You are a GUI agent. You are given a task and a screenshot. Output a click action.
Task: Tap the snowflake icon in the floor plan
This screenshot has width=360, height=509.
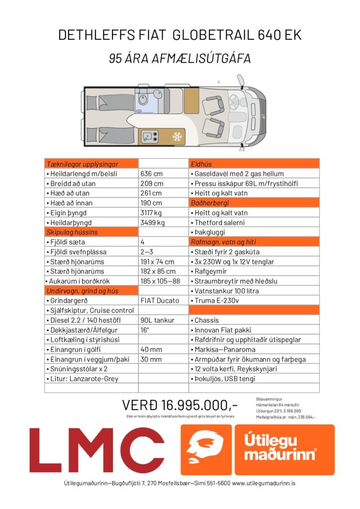click(x=177, y=136)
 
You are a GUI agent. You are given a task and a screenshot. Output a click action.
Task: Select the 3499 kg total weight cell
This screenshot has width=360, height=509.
click(x=153, y=223)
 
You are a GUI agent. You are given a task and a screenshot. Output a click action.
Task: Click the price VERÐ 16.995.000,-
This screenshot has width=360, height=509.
click(x=180, y=404)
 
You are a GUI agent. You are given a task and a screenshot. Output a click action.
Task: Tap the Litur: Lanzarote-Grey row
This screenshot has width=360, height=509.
click(x=85, y=379)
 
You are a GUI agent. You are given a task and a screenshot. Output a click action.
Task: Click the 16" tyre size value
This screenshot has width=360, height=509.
click(x=145, y=330)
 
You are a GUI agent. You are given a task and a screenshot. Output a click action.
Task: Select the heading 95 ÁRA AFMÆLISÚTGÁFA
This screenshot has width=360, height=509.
click(x=180, y=59)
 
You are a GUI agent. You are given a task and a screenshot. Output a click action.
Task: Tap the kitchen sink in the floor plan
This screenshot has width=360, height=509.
click(x=148, y=136)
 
